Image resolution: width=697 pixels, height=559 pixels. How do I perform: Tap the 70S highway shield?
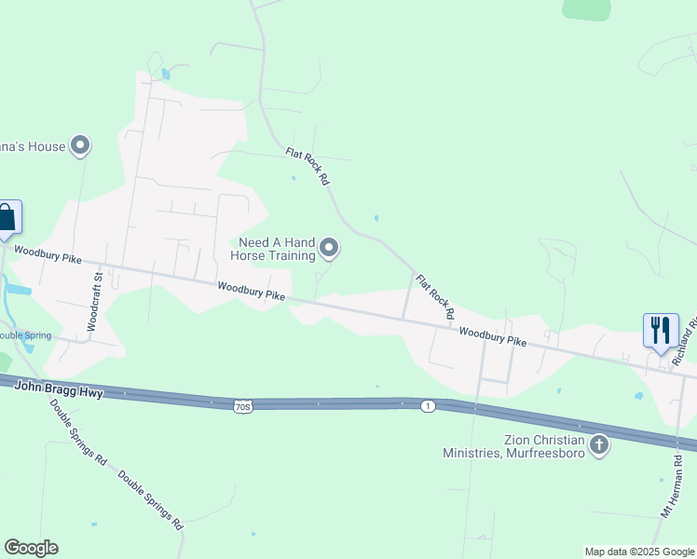point(243,406)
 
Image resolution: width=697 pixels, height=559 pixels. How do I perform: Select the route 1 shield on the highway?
point(428,406)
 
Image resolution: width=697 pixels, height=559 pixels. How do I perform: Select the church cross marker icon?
point(600,445)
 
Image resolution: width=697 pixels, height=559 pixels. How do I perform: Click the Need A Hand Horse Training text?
point(276,248)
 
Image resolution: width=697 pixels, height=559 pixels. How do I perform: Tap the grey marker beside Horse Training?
point(329,248)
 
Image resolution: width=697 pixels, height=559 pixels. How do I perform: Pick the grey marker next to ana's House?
point(81,145)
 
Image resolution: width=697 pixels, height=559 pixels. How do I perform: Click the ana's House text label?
point(33,146)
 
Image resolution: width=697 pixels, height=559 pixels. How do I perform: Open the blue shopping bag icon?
point(7,218)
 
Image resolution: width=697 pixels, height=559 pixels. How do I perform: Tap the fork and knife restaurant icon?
point(661,330)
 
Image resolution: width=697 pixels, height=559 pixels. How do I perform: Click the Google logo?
point(31,548)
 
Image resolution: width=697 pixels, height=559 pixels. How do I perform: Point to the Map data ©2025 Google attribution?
point(638,552)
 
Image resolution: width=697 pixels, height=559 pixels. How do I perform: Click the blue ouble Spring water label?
point(24,335)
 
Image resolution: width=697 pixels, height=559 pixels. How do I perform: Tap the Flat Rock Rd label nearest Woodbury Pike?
point(434,298)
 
